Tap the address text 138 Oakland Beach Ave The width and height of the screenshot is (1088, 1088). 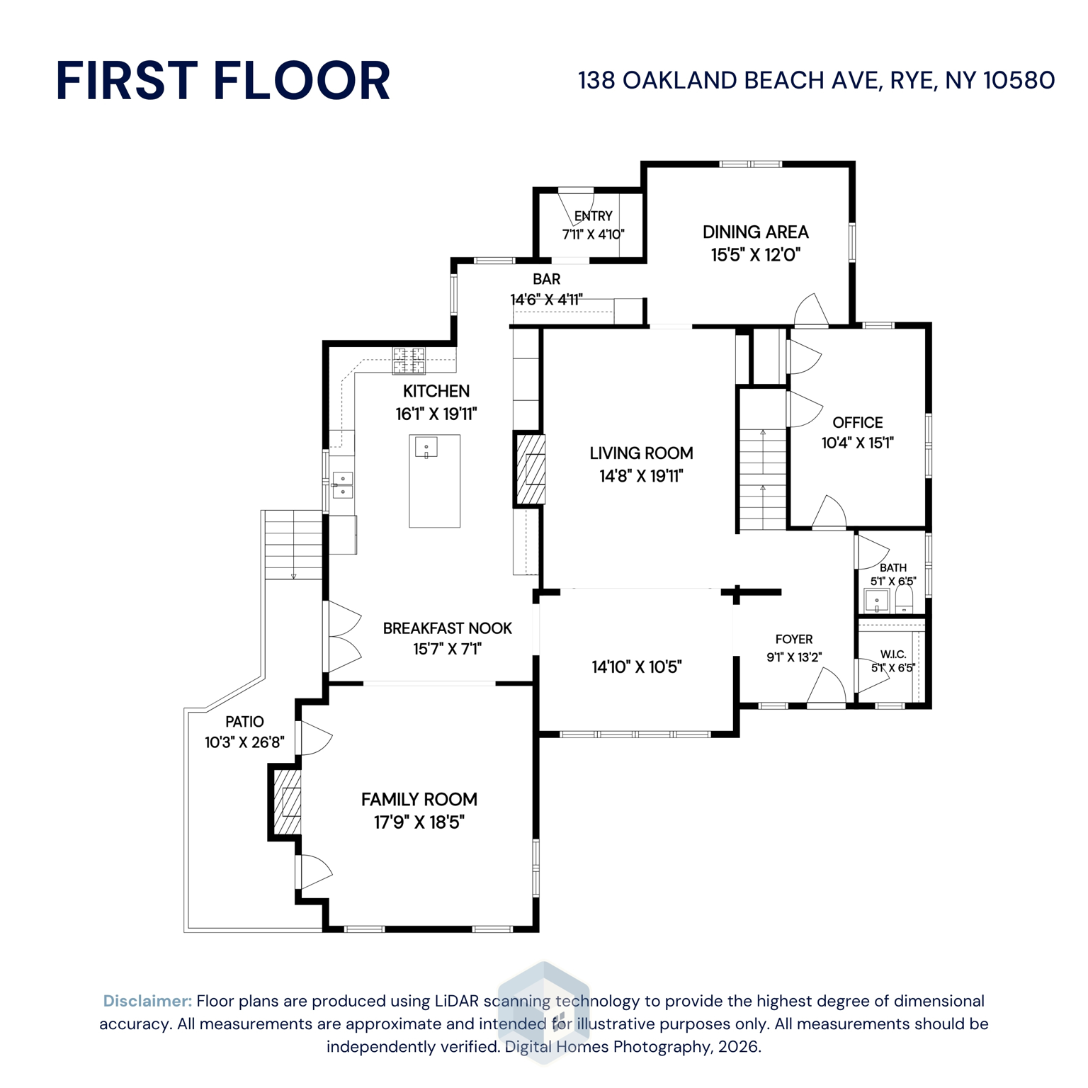[816, 80]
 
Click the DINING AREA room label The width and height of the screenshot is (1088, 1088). [755, 232]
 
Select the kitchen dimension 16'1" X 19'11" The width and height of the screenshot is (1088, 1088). [436, 414]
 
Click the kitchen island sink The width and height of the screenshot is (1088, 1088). [426, 448]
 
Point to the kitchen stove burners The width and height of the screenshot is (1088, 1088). [409, 361]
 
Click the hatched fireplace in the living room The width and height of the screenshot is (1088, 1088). [530, 469]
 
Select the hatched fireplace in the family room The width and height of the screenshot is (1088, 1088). [288, 802]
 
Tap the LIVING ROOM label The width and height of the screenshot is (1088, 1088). [641, 453]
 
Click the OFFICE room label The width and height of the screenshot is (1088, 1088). [857, 423]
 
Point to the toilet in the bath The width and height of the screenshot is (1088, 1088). [904, 601]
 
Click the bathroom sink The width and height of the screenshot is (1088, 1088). [877, 601]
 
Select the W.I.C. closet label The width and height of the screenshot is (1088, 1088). [892, 654]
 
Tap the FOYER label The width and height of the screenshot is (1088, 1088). [794, 639]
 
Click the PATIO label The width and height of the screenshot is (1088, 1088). [244, 722]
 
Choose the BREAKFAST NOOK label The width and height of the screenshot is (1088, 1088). [447, 628]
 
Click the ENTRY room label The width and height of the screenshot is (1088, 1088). [593, 216]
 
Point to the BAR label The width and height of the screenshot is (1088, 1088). [546, 279]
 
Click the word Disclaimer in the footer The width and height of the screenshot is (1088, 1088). [147, 1001]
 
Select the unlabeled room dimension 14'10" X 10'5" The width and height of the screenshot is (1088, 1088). [636, 667]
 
